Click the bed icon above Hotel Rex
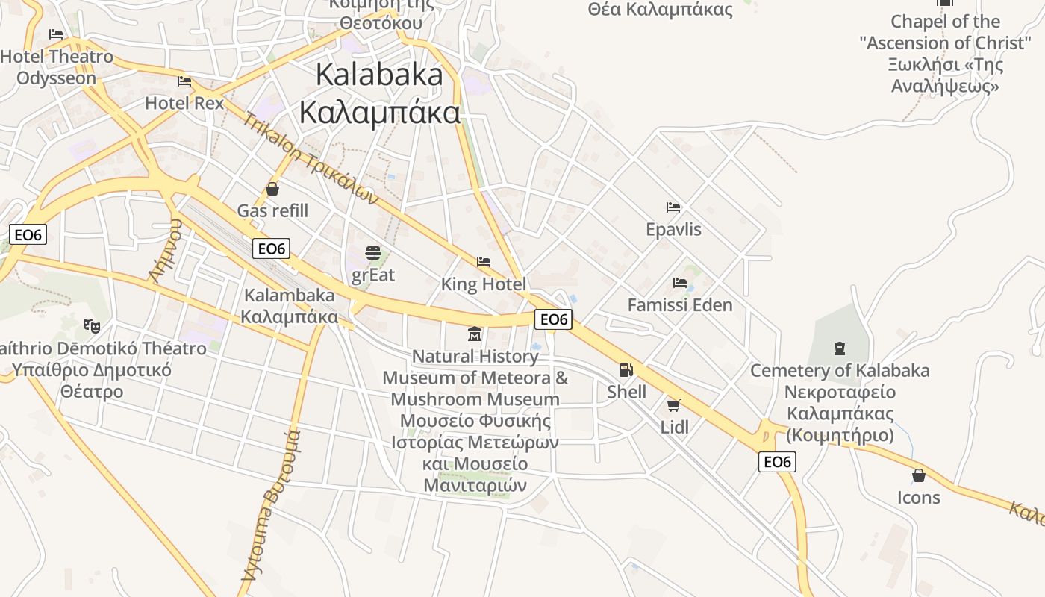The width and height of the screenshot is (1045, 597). point(184,81)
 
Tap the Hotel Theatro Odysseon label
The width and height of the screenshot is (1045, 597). point(57,67)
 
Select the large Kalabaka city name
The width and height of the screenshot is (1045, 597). point(379,94)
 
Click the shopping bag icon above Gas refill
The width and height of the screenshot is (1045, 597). point(272,189)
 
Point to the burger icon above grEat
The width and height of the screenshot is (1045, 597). point(373,253)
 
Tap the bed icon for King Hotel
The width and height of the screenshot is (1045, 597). point(484,262)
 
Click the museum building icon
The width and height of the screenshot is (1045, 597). point(475,334)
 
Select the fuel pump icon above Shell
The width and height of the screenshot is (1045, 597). point(626,369)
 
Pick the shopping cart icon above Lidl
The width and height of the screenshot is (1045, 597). point(674,405)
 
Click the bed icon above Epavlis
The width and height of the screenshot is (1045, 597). point(673,207)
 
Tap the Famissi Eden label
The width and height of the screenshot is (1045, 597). point(680,304)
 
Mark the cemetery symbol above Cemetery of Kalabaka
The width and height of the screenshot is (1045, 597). point(840,348)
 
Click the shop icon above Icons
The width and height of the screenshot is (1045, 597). point(919,475)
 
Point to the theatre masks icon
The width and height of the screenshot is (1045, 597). point(92,325)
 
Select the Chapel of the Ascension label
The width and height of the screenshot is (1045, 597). point(945,53)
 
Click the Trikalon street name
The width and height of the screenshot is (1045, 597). point(311,159)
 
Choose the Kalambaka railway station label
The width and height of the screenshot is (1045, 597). point(289,305)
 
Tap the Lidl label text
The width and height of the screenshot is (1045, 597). point(675,428)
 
